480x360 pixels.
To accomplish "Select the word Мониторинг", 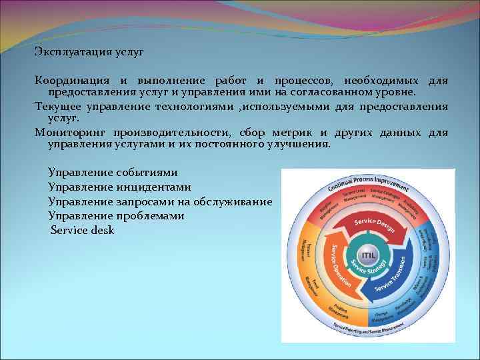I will (71, 132).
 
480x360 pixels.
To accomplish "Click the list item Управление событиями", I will (113, 173).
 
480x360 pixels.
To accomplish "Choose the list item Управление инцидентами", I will (119, 187).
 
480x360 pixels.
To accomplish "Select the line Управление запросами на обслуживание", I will (160, 201).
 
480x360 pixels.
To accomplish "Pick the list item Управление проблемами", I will (116, 216).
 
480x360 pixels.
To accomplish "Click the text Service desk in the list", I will (83, 230).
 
